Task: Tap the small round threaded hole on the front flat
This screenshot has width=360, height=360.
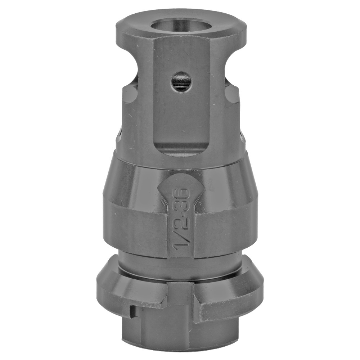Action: (181, 81)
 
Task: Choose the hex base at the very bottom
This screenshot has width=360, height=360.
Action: (180, 331)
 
